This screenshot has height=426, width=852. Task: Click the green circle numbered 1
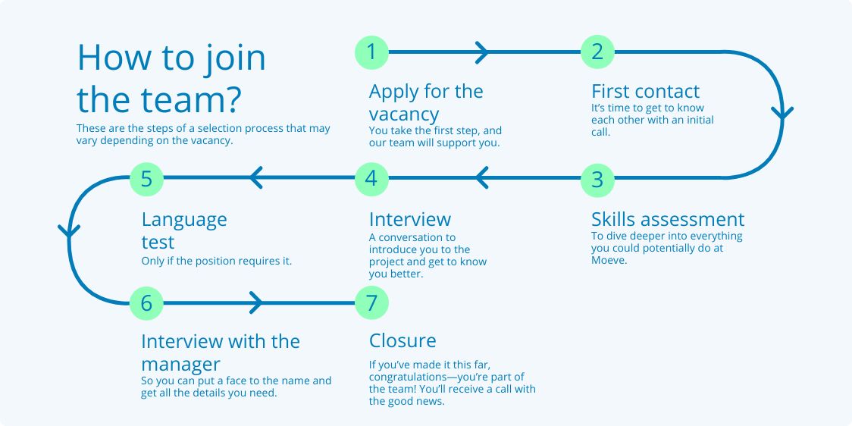click(x=371, y=52)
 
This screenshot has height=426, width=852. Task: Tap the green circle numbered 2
click(x=597, y=52)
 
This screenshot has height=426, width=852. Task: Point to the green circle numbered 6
click(x=147, y=302)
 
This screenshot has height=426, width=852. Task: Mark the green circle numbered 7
click(x=371, y=302)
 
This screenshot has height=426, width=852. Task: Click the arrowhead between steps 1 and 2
click(x=482, y=53)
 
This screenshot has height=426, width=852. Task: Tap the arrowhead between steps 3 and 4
click(x=481, y=177)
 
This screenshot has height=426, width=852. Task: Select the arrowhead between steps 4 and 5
click(x=256, y=177)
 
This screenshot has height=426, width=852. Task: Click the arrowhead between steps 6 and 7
click(x=256, y=302)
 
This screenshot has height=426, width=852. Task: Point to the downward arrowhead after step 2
click(x=782, y=113)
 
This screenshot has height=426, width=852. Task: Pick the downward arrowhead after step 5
click(x=69, y=231)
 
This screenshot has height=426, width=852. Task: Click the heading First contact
click(x=646, y=91)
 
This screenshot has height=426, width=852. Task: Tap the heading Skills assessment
click(x=668, y=220)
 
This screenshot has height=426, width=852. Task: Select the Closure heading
click(x=403, y=340)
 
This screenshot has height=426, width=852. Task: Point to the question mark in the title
click(x=232, y=99)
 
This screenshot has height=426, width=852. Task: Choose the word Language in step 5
click(x=184, y=221)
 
